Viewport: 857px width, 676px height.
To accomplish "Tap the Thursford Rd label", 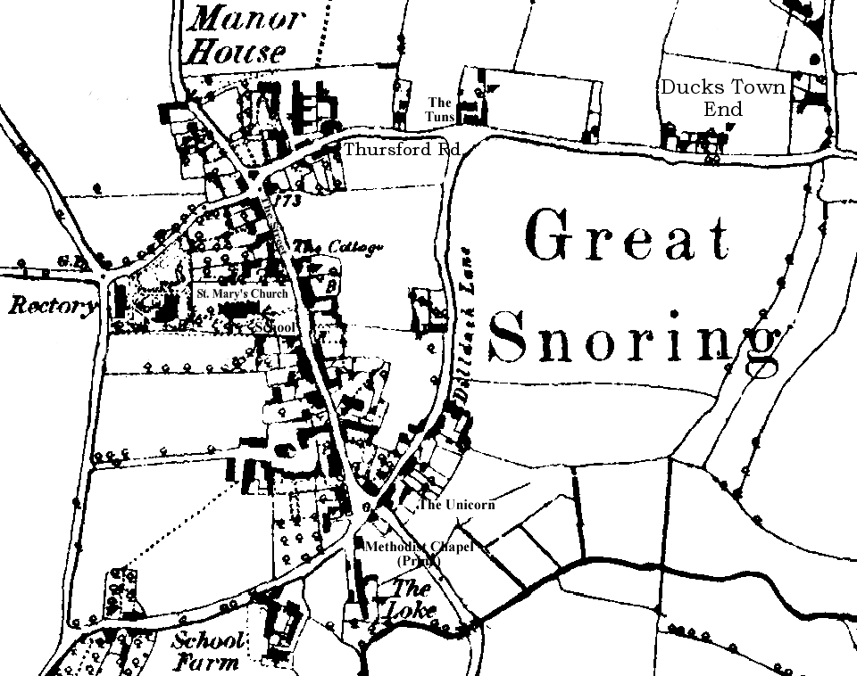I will [x=401, y=149].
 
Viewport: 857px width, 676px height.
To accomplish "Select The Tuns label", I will [x=441, y=110].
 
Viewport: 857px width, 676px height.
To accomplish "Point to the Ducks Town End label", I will [x=723, y=98].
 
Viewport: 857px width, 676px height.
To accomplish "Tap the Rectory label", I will [x=51, y=307].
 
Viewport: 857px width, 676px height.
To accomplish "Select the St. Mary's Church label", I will [x=242, y=293].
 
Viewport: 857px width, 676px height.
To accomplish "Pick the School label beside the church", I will [x=275, y=328].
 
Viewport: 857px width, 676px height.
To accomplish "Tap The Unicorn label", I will [x=457, y=505].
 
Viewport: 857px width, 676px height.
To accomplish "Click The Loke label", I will [x=411, y=599].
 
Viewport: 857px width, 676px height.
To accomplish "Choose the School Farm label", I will [x=208, y=651].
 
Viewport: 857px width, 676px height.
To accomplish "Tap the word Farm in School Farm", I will [x=207, y=664].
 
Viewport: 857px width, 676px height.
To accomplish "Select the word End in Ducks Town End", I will [x=723, y=110].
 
